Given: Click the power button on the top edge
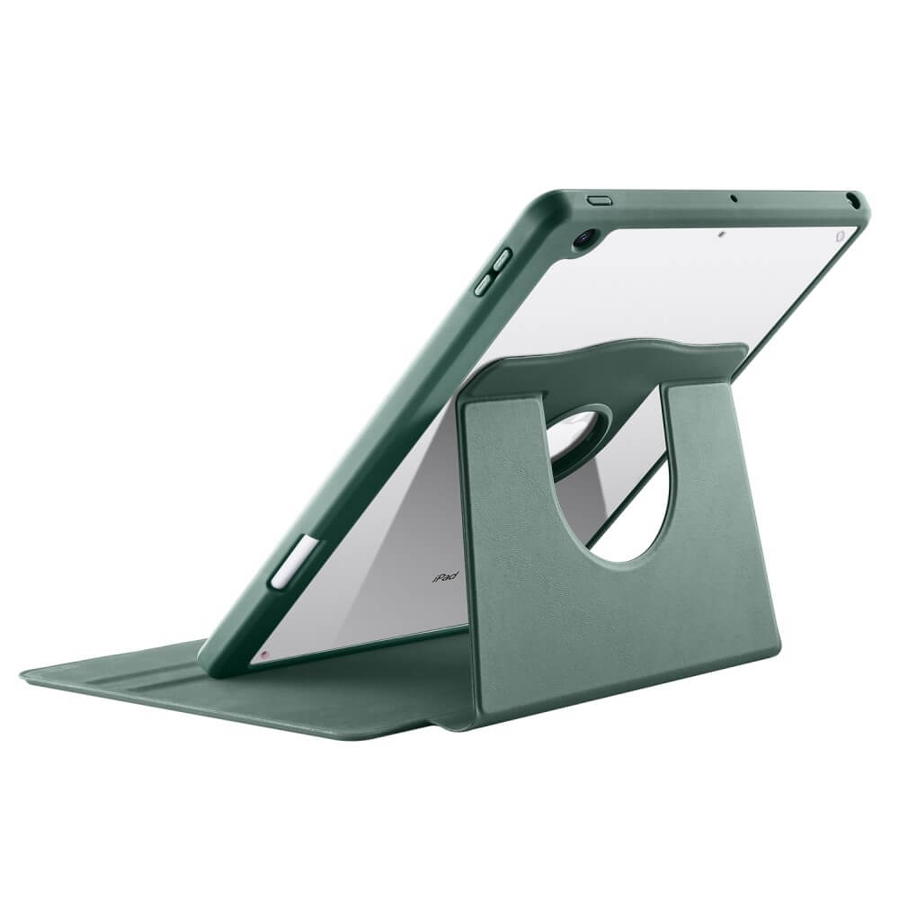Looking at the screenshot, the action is [599, 200].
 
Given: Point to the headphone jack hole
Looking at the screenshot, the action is [854, 200].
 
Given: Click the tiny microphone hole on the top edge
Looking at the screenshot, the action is [733, 199].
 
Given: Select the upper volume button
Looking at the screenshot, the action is [501, 259].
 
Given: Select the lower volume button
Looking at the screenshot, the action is [482, 284].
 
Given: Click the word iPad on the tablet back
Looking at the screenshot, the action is [444, 577].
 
